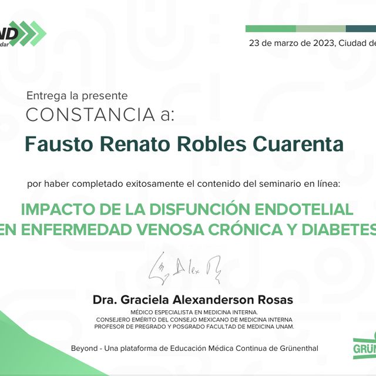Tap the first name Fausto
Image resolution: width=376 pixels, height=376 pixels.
pyautogui.click(x=53, y=143)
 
